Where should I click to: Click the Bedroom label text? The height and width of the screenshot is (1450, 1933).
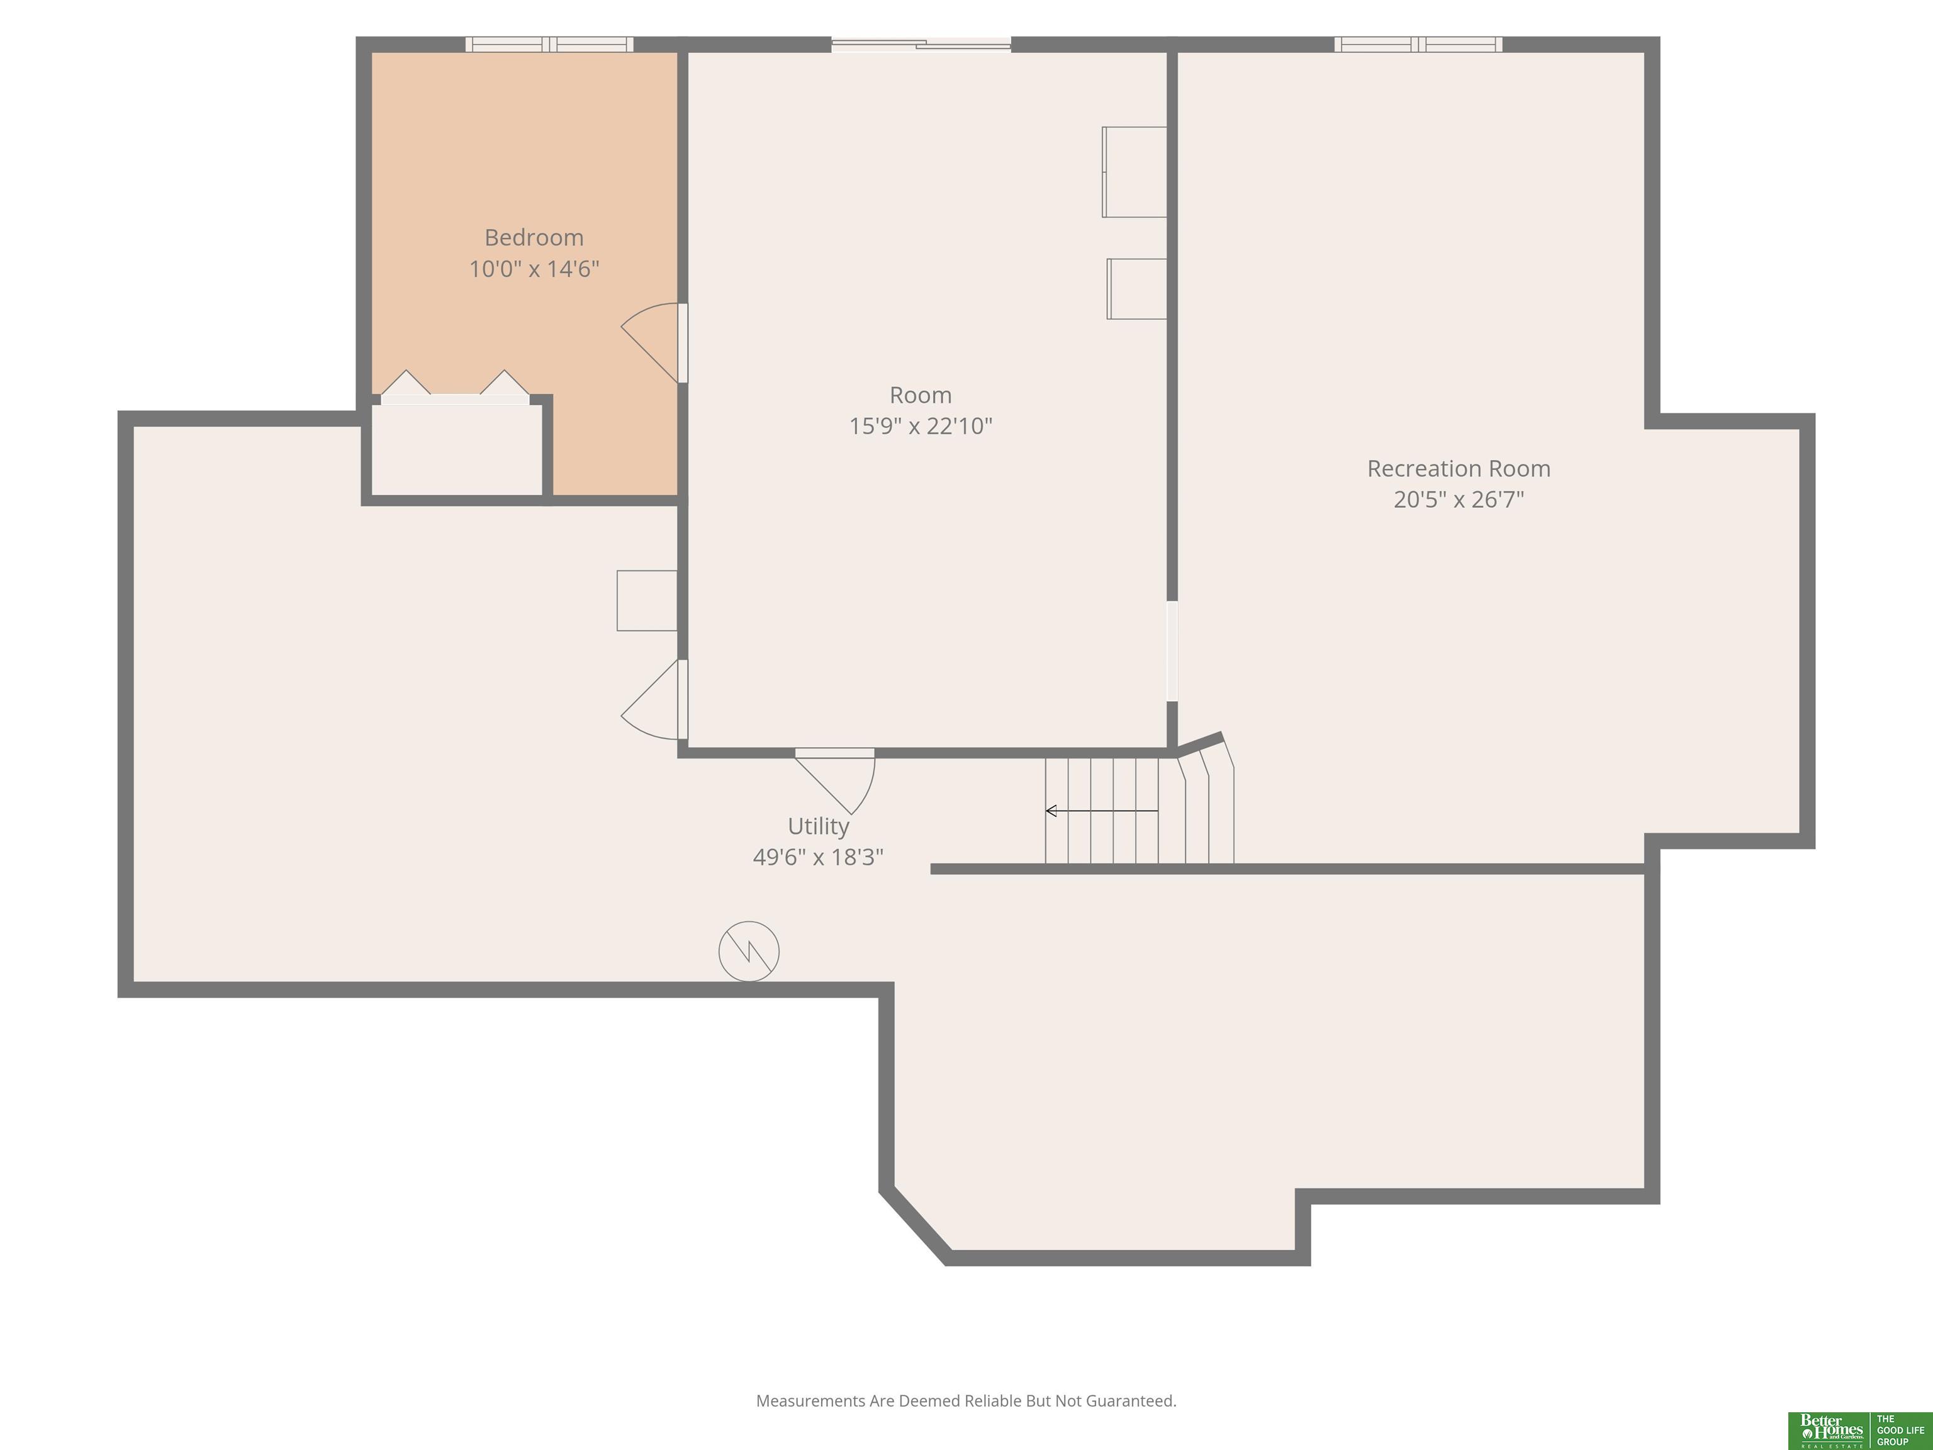point(534,238)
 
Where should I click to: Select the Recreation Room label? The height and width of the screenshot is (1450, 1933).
point(1459,468)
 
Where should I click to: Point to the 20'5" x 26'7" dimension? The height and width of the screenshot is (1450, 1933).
point(1459,500)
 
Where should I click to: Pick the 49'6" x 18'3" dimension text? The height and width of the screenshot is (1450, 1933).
point(818,857)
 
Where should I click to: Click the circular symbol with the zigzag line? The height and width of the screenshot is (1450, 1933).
point(749,951)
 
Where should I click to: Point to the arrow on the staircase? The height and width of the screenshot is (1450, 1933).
point(1102,811)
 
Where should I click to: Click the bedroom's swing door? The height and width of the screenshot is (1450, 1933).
point(651,342)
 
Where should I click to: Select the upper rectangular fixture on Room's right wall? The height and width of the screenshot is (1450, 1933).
point(1135,172)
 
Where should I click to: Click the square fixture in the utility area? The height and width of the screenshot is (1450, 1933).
point(647,600)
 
